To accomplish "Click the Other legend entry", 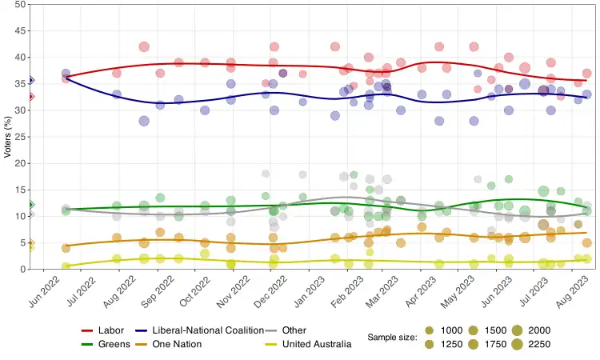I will point(294,330).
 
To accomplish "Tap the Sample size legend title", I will point(392,338).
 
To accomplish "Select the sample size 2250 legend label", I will point(534,344).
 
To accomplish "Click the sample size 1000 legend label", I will point(452,330).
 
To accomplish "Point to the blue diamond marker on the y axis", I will point(30,80).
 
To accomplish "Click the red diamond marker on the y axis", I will point(30,97).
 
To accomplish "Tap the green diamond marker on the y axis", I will point(30,206).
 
